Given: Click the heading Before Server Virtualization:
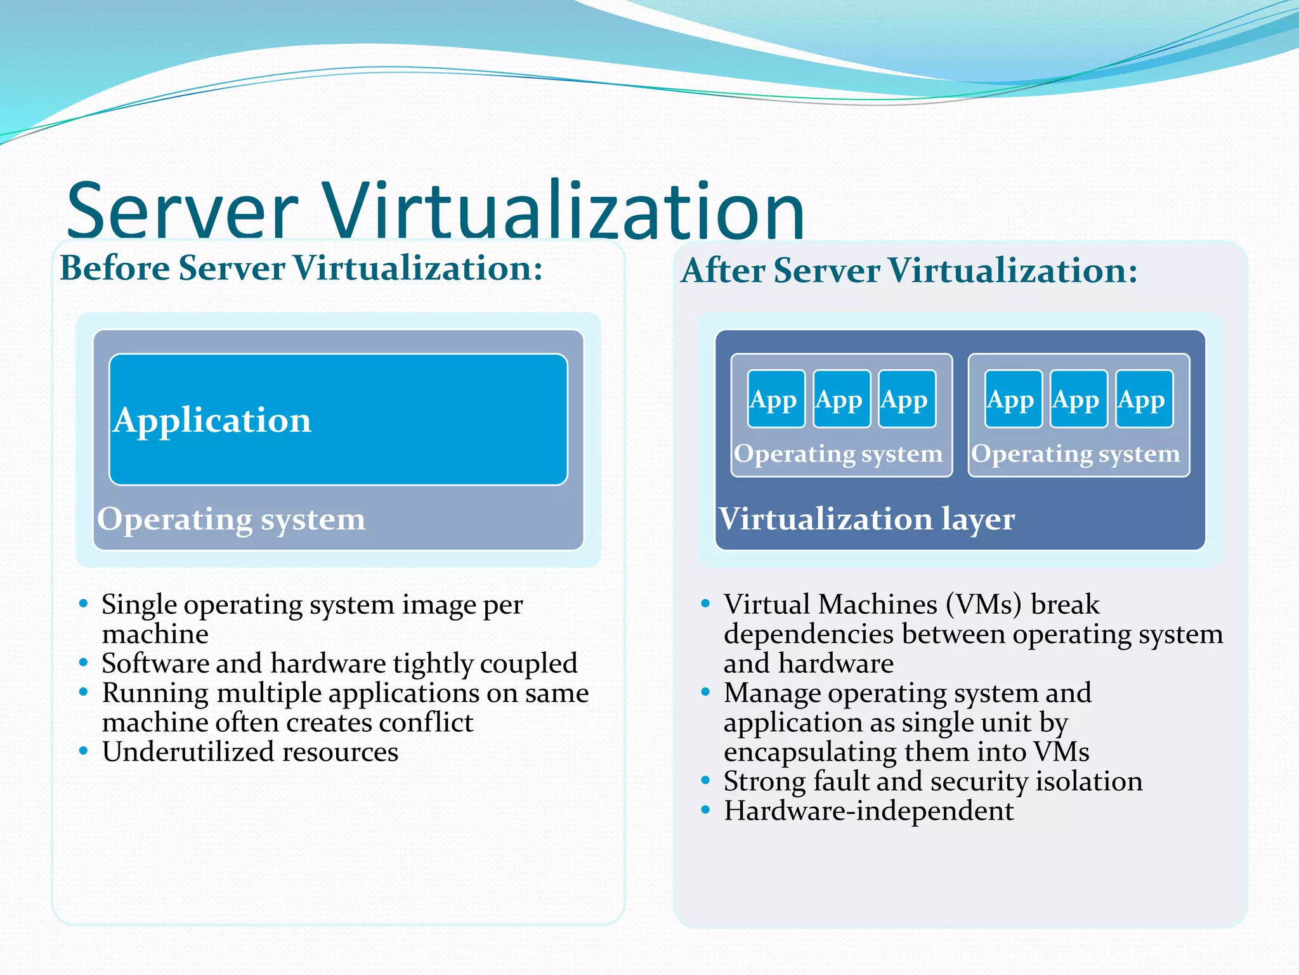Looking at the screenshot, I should (301, 268).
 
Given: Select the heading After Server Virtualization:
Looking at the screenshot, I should (909, 270).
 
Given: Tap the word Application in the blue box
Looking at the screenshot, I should (212, 420).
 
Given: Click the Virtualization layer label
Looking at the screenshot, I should (866, 519).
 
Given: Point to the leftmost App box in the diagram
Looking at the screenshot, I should (776, 399).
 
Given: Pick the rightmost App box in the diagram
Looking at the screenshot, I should (1144, 399).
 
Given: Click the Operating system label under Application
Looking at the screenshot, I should (231, 519).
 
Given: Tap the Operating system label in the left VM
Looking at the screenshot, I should (838, 454).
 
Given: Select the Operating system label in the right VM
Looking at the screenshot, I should (1075, 454).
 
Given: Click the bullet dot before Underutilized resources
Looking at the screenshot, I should (83, 752).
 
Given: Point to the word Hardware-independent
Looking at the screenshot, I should (868, 811).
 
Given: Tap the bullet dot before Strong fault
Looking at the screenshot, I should (705, 781).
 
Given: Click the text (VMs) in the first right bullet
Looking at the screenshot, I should (983, 605).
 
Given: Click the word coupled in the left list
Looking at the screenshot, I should (528, 664).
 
